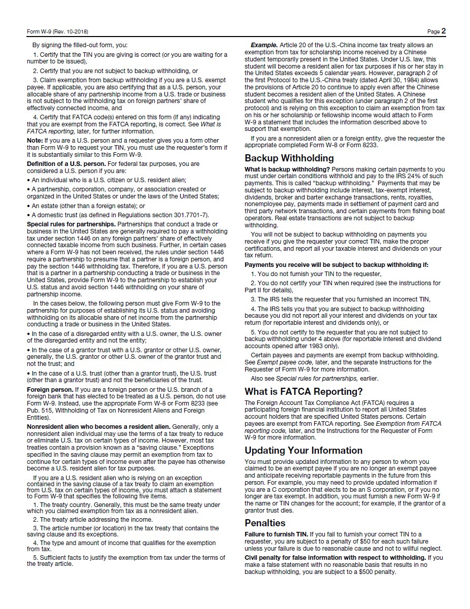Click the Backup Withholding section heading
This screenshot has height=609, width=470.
(x=289, y=158)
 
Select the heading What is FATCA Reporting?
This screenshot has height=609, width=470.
(x=304, y=392)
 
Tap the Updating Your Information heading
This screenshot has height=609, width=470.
(x=304, y=451)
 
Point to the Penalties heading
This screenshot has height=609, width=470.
(x=265, y=523)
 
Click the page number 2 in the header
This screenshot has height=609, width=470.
(x=443, y=31)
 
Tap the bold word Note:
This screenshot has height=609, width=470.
(x=35, y=140)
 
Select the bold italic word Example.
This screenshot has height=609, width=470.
(x=263, y=45)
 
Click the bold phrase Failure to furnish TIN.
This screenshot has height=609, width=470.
(x=276, y=534)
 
